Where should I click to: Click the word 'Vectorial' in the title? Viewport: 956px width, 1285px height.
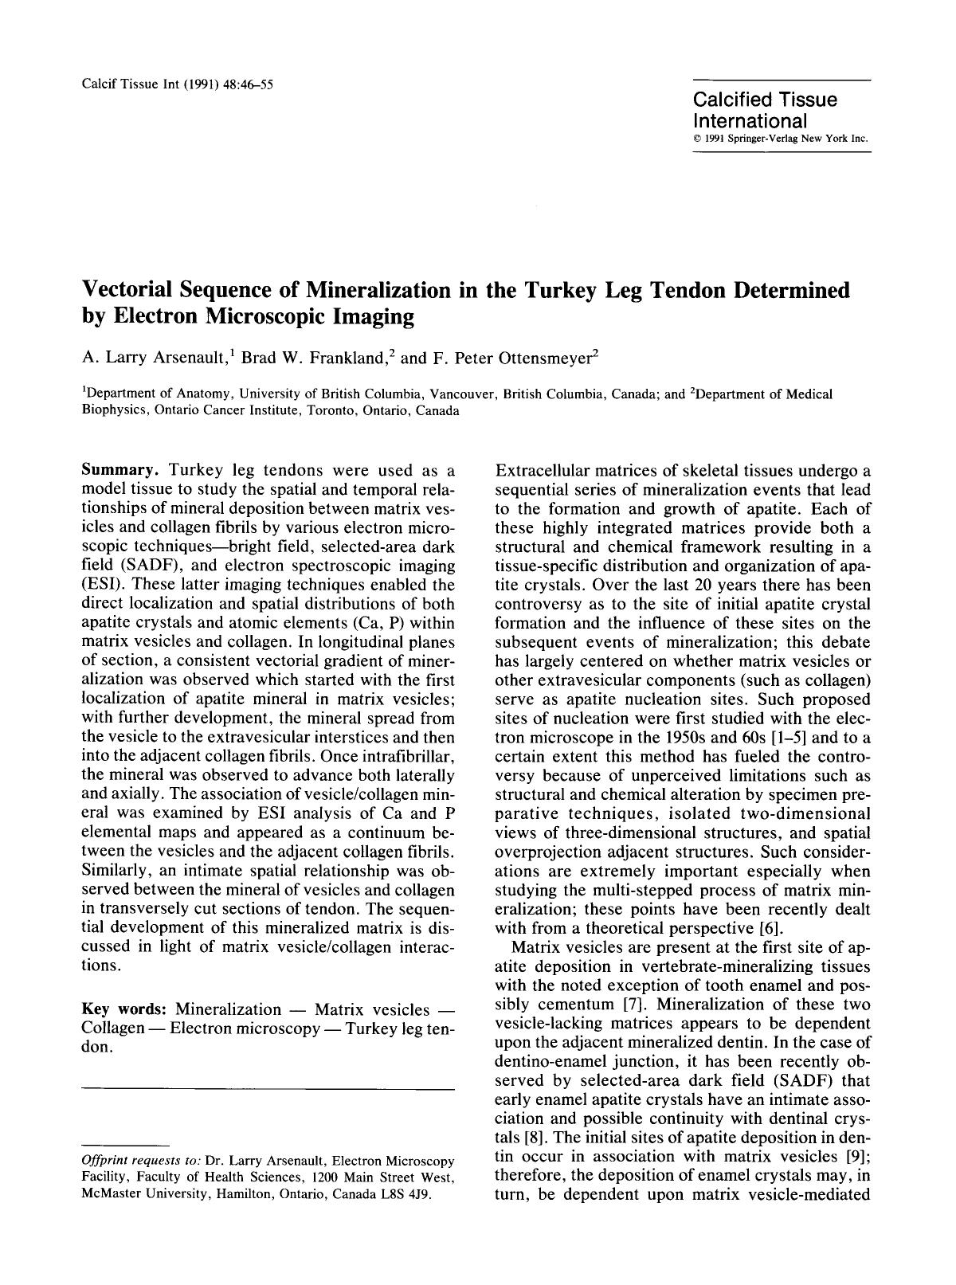[137, 289]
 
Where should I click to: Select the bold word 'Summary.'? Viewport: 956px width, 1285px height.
[119, 471]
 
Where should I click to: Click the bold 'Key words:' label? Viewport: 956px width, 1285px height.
[125, 1009]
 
